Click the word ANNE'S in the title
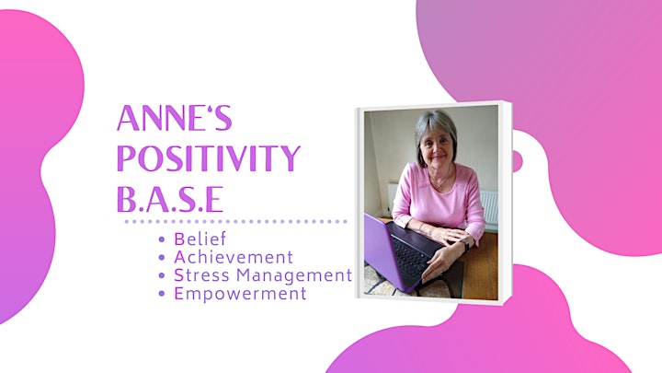coord(175,118)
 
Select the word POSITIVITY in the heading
coord(209,158)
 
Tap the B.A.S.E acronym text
coord(170,199)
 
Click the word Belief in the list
coord(200,239)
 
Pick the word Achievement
coord(234,257)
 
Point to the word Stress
coord(201,275)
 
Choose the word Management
coord(294,275)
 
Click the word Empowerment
coord(240,294)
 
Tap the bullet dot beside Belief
coord(162,239)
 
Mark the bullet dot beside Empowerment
coord(162,294)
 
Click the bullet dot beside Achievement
coord(162,258)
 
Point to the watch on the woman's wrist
coord(465,245)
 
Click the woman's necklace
coord(442,180)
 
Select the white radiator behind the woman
coord(489,208)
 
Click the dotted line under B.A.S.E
coord(236,221)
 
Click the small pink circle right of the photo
coord(518,161)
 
